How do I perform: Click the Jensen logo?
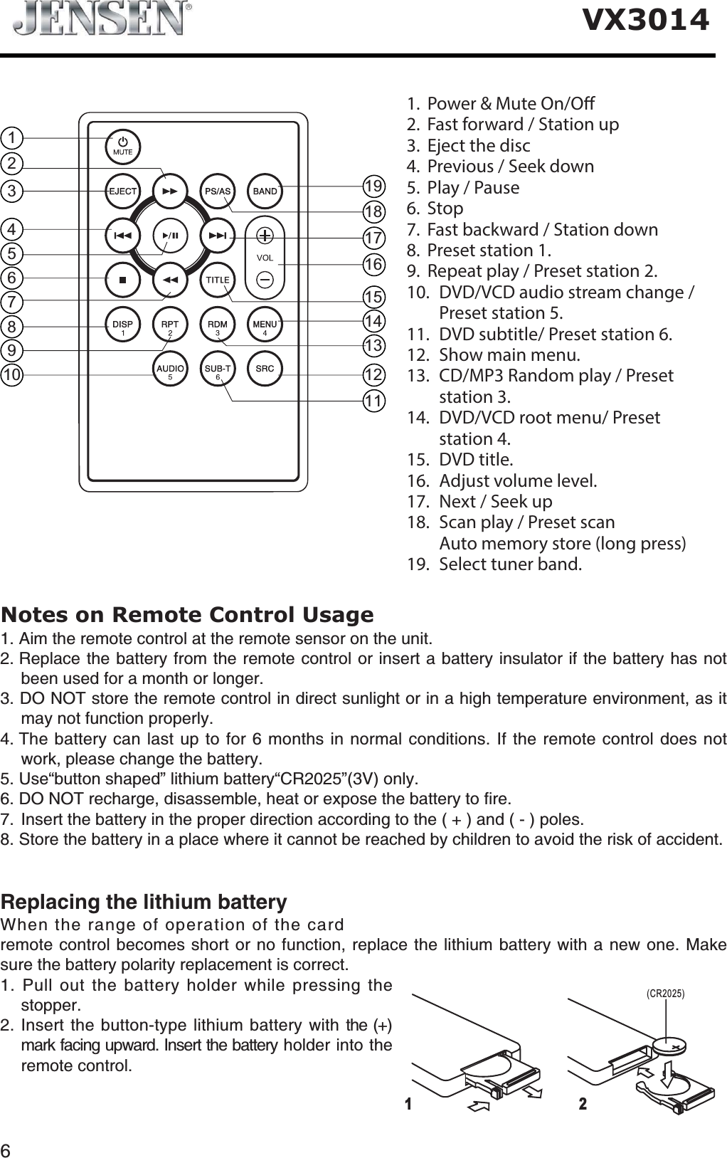click(x=103, y=20)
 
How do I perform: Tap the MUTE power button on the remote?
click(x=123, y=146)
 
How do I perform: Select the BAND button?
click(x=265, y=191)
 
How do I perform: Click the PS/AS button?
click(x=218, y=191)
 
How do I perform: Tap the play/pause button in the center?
click(x=170, y=234)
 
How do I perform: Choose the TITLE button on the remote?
click(x=218, y=279)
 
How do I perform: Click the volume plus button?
click(x=265, y=236)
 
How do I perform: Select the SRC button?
click(x=265, y=369)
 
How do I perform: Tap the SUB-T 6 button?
click(x=218, y=370)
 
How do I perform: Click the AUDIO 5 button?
click(x=170, y=370)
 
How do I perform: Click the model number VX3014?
click(x=646, y=21)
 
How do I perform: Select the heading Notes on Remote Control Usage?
click(x=187, y=614)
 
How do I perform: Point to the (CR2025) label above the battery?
click(x=664, y=993)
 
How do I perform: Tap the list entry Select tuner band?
click(x=509, y=564)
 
